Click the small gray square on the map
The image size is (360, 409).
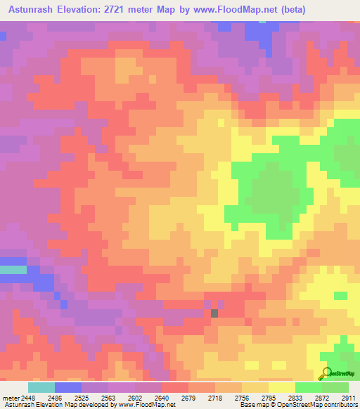tap(214, 313)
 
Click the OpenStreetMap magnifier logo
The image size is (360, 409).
tap(326, 373)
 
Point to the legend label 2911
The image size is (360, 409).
tap(347, 398)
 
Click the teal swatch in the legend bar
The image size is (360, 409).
tap(41, 387)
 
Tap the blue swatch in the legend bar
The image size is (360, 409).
tap(68, 387)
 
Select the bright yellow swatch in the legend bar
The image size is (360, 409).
tap(282, 387)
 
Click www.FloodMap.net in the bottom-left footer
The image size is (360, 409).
tap(147, 405)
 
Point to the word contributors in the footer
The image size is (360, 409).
tap(339, 405)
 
